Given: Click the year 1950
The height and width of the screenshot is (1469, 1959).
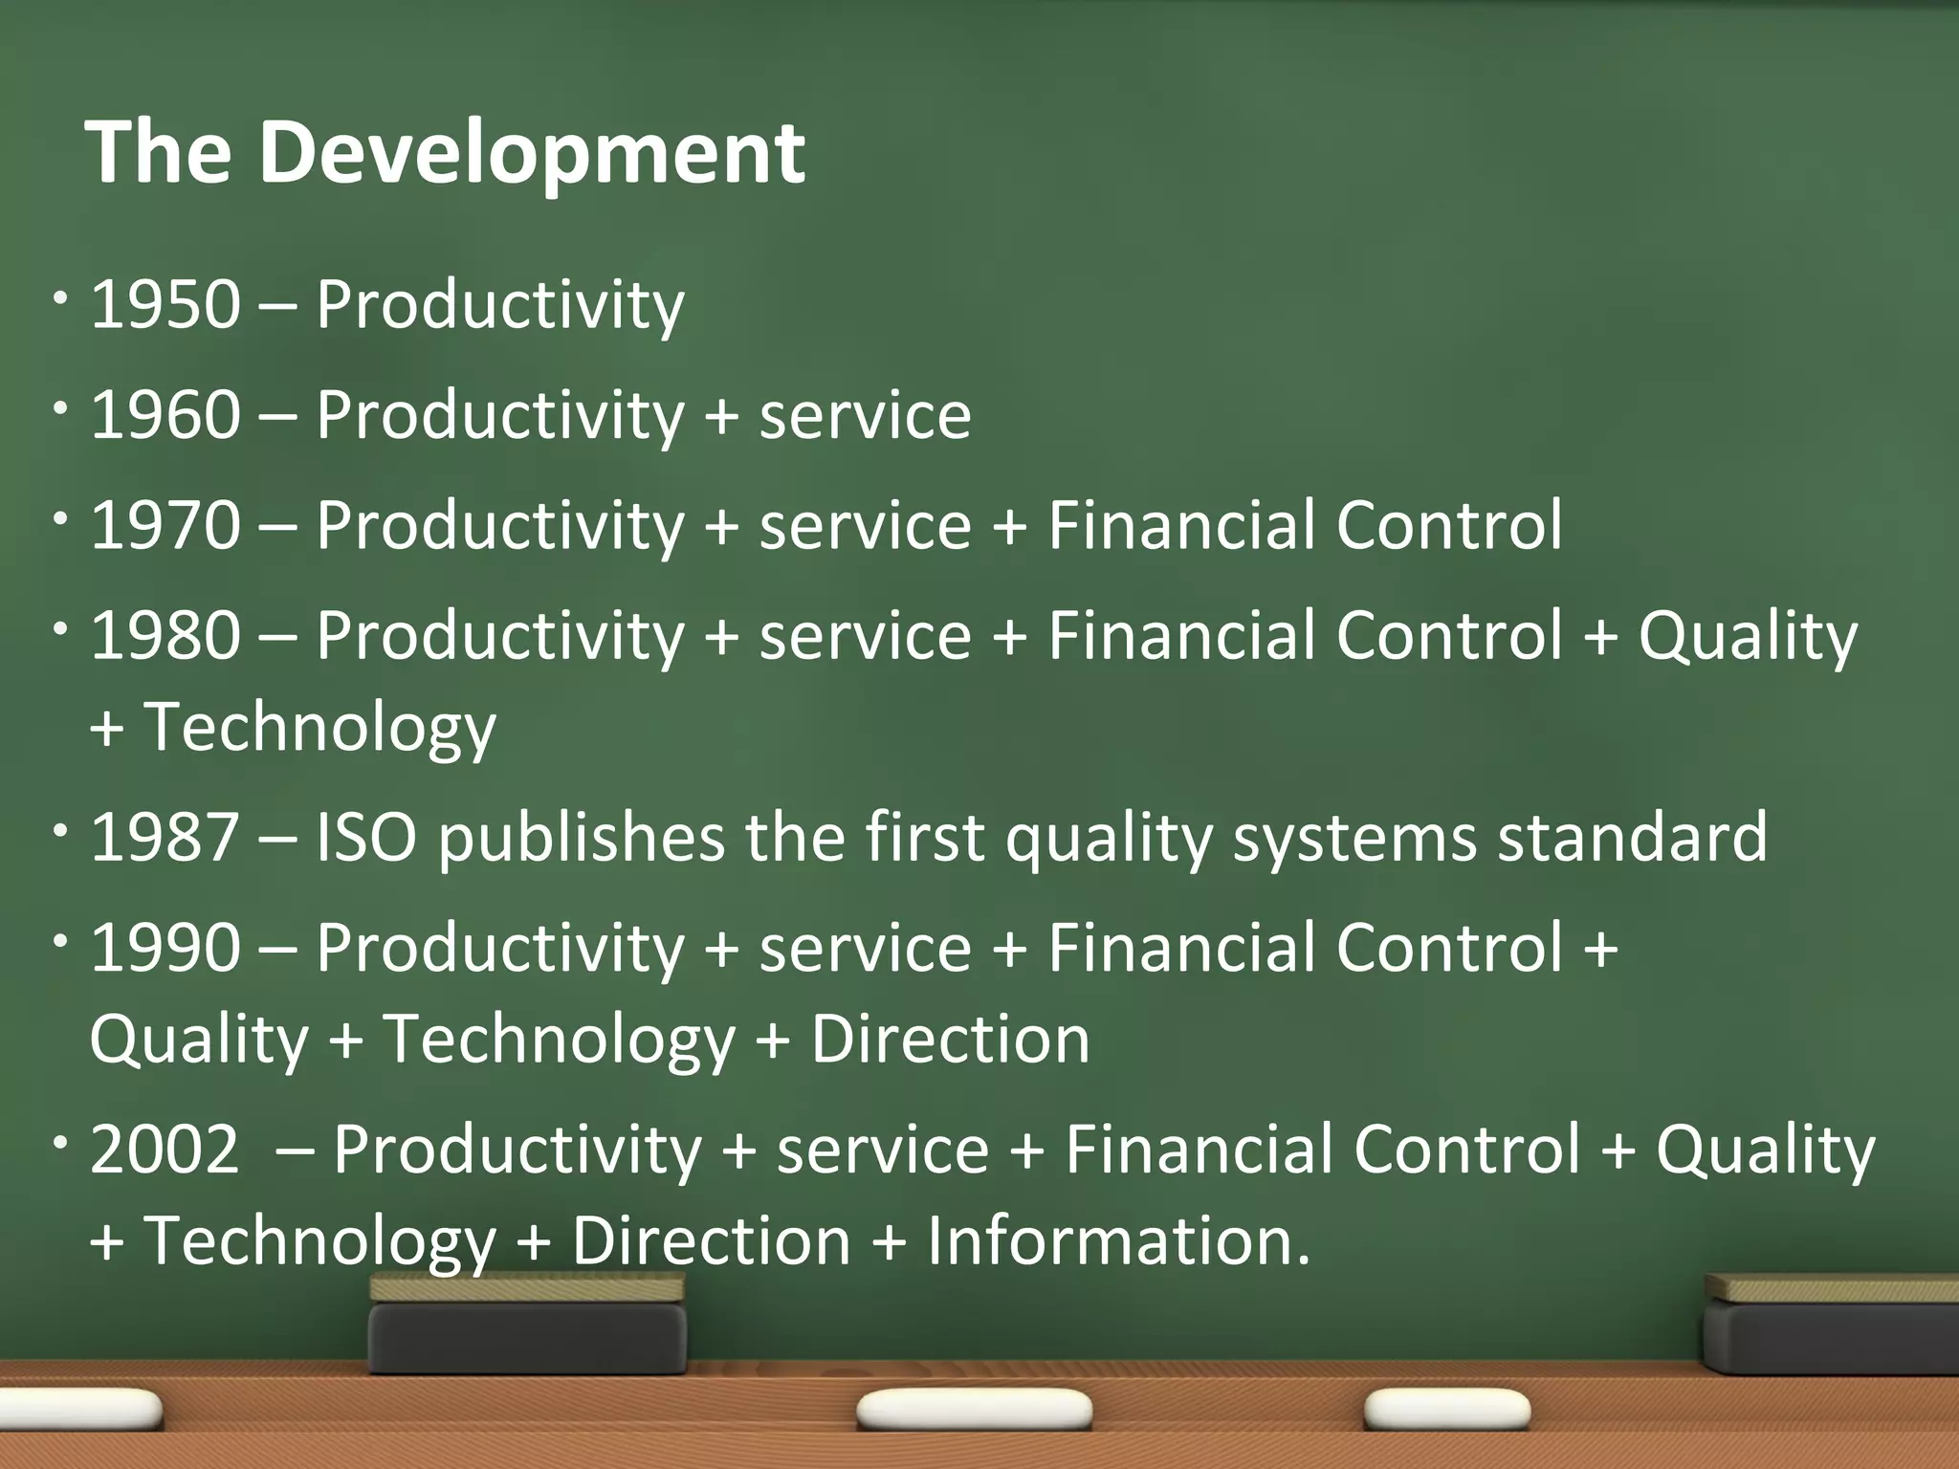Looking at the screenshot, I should click(x=165, y=305).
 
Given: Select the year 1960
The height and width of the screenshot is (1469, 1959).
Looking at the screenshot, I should click(x=165, y=415).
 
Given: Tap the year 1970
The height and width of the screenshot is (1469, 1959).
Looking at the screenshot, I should click(x=165, y=525).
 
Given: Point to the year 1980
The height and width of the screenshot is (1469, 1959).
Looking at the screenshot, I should click(x=165, y=636).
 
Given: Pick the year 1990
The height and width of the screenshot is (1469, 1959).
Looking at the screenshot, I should click(x=165, y=948).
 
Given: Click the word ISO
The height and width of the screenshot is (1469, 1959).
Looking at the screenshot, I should click(x=366, y=838).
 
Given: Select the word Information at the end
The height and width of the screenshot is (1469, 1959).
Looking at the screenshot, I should click(x=1118, y=1241).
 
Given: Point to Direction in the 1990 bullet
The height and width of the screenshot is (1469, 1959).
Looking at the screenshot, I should click(x=950, y=1040).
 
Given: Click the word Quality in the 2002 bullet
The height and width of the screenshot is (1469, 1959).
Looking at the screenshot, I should click(x=1765, y=1150).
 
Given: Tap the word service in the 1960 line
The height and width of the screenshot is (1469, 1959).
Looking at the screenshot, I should click(x=865, y=417).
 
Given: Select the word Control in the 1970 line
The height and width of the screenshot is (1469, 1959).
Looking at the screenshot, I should click(x=1448, y=525).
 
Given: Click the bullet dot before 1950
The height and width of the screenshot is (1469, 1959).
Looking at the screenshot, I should click(x=61, y=298).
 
